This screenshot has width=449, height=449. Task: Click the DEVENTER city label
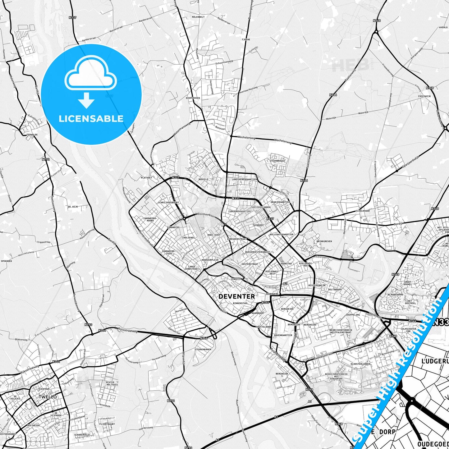236,296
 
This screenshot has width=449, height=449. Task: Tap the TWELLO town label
48,397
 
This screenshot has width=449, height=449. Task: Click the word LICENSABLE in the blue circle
91,119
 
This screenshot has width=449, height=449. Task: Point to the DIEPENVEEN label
193,98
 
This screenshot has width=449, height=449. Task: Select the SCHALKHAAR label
363,211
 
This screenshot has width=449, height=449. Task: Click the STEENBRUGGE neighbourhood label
277,161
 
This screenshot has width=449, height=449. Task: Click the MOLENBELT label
198,17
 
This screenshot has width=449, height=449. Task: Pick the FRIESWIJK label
424,96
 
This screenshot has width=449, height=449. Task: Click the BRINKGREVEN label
324,241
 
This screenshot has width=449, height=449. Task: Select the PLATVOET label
146,178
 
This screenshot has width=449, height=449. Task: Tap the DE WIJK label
73,207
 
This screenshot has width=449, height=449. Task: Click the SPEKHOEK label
6,261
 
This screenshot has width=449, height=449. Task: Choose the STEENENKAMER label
203,350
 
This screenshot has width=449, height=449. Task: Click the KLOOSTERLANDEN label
360,364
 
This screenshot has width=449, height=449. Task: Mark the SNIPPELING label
353,315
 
